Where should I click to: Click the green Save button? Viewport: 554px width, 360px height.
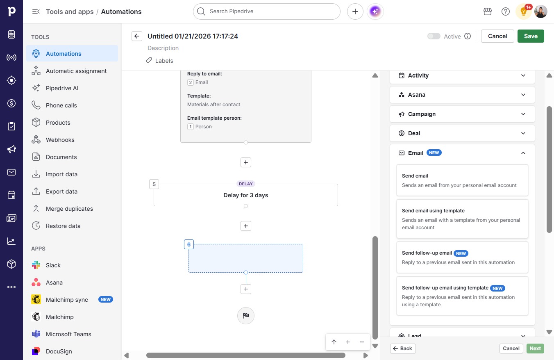tap(531, 36)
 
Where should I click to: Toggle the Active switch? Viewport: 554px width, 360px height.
tap(434, 36)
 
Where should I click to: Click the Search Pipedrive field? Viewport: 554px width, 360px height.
tap(266, 11)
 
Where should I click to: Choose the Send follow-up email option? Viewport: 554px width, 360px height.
tap(462, 257)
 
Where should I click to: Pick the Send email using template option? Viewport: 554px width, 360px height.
tap(462, 219)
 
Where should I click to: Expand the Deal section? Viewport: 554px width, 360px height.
tap(462, 133)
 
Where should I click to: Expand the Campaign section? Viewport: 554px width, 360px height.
tap(462, 114)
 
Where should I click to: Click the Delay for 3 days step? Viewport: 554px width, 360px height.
tap(245, 195)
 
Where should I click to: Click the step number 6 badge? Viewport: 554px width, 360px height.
tap(189, 244)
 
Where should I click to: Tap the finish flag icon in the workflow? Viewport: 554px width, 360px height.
tap(245, 315)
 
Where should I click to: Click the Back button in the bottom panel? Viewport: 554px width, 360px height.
tap(403, 349)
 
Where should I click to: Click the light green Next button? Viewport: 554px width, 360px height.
tap(535, 349)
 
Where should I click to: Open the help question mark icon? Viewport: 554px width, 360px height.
tap(505, 11)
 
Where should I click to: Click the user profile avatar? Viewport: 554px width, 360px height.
tap(540, 11)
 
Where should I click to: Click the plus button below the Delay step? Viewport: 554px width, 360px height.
tap(245, 226)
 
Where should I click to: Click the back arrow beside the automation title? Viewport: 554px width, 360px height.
tap(137, 36)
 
